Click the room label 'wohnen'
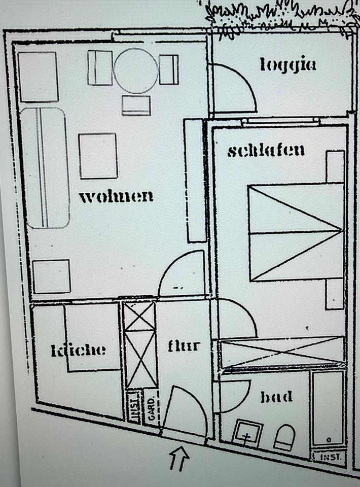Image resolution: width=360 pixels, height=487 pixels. tap(116, 196)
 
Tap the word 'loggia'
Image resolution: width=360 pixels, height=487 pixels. tap(288, 65)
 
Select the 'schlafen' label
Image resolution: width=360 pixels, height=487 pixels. tap(266, 151)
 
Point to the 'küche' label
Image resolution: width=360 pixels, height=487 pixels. tap(79, 350)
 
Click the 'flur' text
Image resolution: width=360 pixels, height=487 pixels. tap(184, 346)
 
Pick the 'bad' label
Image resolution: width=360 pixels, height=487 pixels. tap(276, 397)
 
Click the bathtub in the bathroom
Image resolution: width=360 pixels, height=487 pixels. tap(328, 409)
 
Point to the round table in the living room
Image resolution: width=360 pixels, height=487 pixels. tap(135, 71)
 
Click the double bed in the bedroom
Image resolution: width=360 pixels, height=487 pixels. tap(296, 233)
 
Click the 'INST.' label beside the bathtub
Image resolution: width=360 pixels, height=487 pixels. tap(329, 457)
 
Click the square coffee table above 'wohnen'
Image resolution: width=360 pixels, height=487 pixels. tap(98, 156)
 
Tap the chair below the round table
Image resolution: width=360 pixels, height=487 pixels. tap(136, 105)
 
